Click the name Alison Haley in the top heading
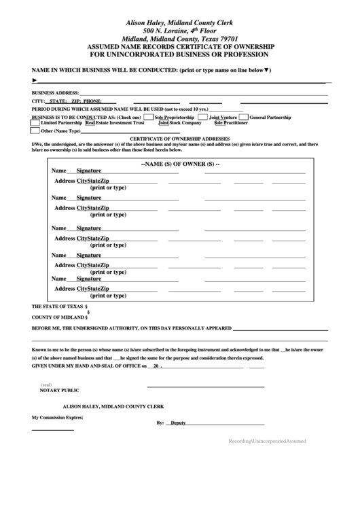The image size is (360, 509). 146,23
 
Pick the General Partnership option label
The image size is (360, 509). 270,118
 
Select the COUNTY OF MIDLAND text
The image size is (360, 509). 58,317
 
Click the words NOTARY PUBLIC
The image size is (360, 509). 60,391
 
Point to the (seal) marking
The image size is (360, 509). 46,385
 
